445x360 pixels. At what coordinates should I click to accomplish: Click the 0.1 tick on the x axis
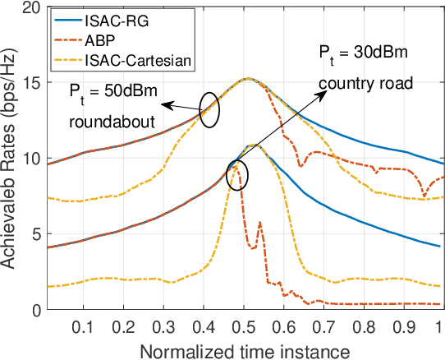click(x=82, y=325)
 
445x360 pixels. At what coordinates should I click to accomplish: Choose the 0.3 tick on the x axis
click(x=164, y=325)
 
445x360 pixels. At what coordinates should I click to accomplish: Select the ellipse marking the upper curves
click(x=209, y=109)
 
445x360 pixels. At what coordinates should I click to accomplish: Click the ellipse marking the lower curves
click(x=236, y=174)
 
